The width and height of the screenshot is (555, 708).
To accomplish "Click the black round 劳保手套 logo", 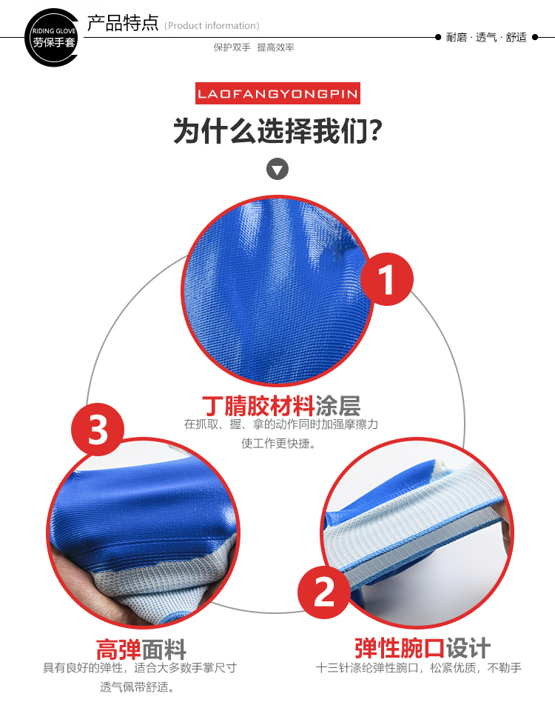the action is [x=52, y=38].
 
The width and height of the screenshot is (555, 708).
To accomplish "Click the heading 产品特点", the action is [x=123, y=23].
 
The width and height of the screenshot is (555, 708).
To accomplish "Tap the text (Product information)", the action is [x=212, y=26].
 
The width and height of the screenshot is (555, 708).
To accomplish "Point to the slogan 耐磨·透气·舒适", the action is [x=486, y=37].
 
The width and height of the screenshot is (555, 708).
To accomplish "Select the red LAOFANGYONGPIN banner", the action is [x=277, y=93].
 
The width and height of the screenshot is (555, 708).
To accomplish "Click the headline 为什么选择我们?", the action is [x=277, y=131].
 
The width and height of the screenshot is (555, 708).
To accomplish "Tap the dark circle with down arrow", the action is [x=277, y=170].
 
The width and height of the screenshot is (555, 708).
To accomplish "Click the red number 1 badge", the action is [x=387, y=279].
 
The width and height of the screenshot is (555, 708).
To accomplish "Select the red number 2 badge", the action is [x=324, y=592].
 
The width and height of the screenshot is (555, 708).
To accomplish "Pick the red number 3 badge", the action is [x=98, y=430].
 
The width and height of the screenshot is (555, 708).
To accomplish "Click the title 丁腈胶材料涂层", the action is [x=280, y=406].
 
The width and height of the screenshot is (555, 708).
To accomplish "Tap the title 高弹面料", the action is [x=141, y=649].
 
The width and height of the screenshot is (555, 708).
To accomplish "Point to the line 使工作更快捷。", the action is [x=278, y=444].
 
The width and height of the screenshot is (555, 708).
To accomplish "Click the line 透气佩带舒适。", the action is [x=138, y=687].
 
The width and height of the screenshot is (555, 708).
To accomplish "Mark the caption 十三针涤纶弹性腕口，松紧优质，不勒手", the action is [x=419, y=668].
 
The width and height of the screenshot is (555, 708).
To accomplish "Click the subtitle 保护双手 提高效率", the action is [x=254, y=47].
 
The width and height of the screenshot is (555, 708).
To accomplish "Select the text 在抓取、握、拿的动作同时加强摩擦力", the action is [x=280, y=424].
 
